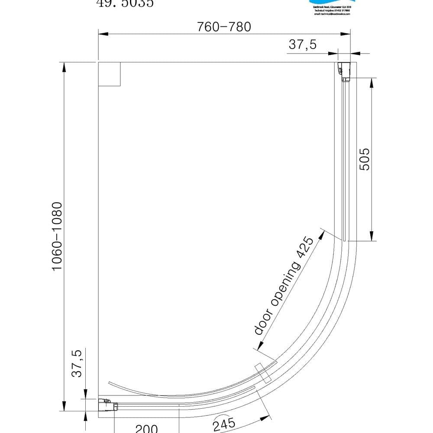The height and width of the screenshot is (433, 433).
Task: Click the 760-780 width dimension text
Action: point(224,27)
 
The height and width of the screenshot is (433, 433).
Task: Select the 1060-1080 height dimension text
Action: point(58,236)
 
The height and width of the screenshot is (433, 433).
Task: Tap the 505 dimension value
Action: point(365,159)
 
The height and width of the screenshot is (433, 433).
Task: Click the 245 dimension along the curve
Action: point(224,423)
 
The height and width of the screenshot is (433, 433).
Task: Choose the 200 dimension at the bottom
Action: point(146,429)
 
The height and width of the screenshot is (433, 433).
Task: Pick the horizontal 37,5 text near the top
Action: point(303,44)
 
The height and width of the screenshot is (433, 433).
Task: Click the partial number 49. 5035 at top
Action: point(124,3)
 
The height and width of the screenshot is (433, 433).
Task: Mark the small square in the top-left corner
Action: point(109,74)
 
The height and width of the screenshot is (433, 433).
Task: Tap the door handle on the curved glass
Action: point(263,373)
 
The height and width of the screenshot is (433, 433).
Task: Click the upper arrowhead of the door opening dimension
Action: point(322,236)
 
